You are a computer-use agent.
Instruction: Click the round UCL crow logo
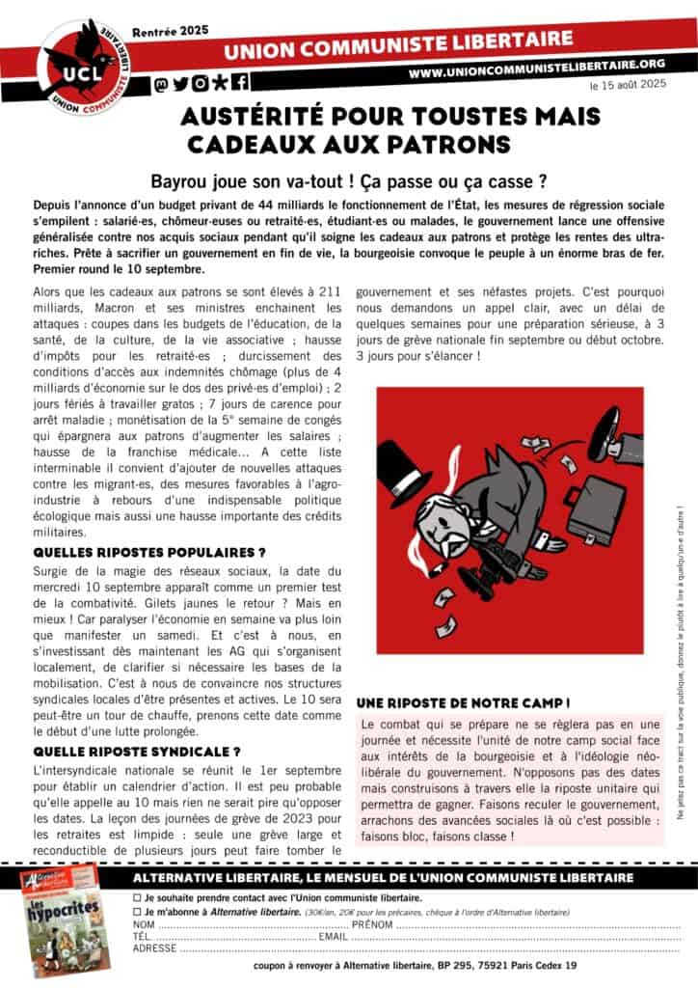pos(81,63)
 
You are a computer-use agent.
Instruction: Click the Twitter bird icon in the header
pos(181,83)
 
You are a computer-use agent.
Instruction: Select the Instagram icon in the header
pos(200,83)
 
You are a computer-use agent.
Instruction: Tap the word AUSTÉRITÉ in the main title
pos(252,117)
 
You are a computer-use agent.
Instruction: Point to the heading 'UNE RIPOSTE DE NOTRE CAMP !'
pos(463,701)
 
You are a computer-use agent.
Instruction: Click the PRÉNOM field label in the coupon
pos(372,924)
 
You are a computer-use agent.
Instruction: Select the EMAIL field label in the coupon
pos(334,936)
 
